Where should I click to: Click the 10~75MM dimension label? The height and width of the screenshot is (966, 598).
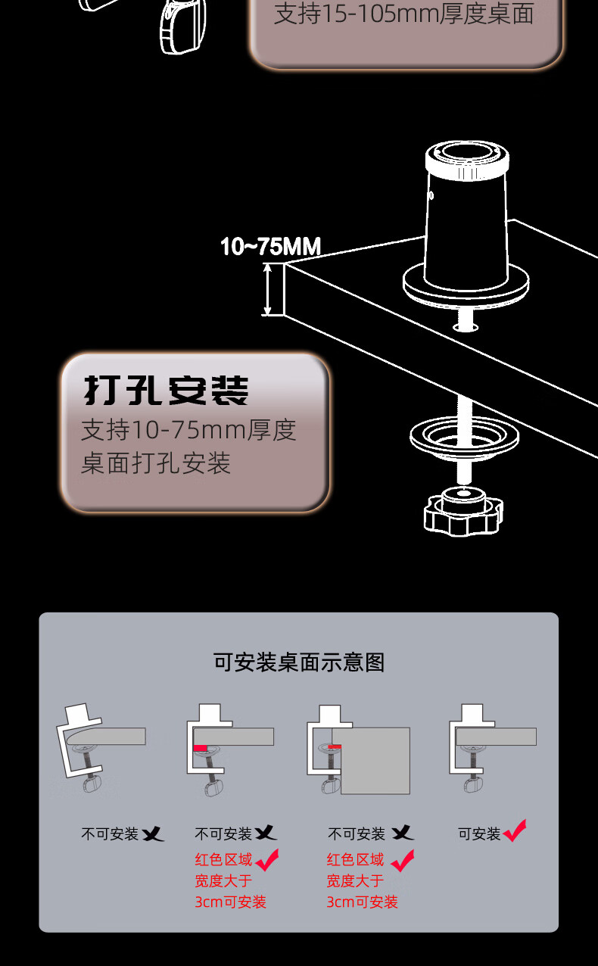tap(270, 247)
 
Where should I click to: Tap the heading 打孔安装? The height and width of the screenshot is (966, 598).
tap(166, 391)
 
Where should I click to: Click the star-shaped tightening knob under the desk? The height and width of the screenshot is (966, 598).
tap(463, 512)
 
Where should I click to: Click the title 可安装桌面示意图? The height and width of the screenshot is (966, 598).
tap(299, 662)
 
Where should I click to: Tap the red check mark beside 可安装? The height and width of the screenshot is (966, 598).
tap(515, 831)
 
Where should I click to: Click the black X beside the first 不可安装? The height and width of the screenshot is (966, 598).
tap(153, 834)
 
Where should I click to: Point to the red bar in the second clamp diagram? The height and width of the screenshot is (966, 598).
tap(201, 748)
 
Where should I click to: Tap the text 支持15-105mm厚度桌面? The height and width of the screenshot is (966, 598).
tap(404, 14)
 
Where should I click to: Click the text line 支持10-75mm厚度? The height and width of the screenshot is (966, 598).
tap(188, 430)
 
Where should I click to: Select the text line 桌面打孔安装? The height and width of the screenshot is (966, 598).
tap(156, 463)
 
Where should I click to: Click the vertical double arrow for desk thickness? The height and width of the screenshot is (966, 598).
tap(266, 288)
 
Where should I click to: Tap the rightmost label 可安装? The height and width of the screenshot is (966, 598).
tap(479, 834)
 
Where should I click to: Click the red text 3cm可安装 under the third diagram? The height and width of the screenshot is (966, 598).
tap(362, 902)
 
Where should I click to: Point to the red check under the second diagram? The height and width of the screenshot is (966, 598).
tap(266, 860)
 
